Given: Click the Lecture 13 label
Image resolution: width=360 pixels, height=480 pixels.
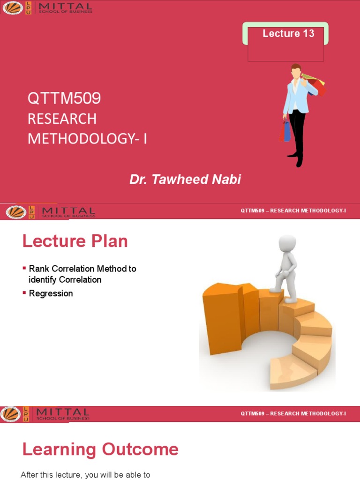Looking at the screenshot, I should [x=288, y=33].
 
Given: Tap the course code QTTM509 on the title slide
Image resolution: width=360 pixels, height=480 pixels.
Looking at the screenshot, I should [x=64, y=98].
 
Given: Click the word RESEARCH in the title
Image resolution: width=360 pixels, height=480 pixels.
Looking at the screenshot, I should [x=62, y=119].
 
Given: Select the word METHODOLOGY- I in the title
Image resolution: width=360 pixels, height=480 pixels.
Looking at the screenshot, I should [x=87, y=139].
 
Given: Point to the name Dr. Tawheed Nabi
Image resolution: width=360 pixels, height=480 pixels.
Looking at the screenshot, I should [x=185, y=179].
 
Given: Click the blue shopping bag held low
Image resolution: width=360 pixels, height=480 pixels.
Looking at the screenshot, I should [x=286, y=131].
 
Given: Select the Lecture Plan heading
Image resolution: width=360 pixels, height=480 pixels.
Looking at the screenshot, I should [x=75, y=241].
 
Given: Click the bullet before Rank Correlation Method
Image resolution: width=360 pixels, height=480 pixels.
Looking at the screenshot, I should [x=24, y=269].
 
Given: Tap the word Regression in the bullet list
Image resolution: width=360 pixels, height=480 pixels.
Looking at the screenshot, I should [x=51, y=293].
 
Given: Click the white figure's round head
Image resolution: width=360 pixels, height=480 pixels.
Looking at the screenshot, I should [x=287, y=243].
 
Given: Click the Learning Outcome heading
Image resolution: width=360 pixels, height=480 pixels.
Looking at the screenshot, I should [x=100, y=450].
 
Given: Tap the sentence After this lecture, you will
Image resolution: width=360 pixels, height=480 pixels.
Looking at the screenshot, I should [x=85, y=475].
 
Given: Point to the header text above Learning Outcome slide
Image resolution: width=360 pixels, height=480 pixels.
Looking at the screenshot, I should [x=293, y=413].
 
